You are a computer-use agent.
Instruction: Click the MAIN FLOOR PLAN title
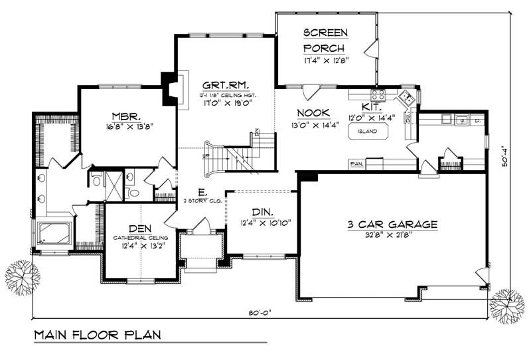pyautogui.click(x=98, y=333)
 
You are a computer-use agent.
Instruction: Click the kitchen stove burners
pyautogui.click(x=378, y=96)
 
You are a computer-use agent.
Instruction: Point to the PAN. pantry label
pyautogui.click(x=356, y=163)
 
